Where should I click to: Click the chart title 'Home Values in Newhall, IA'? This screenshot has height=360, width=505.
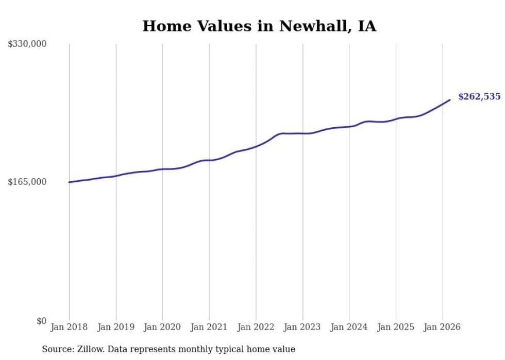tap(259, 26)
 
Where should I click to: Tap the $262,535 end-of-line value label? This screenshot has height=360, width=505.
tap(479, 96)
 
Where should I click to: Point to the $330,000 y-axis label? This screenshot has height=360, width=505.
tap(27, 44)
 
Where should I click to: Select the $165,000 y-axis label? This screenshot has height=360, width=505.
tap(27, 182)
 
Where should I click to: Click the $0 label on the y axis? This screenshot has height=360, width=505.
tap(41, 321)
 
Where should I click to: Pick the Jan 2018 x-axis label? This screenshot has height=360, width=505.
tap(69, 327)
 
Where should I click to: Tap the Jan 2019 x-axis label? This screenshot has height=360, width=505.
tap(115, 327)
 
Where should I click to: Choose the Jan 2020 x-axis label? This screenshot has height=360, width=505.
tap(162, 327)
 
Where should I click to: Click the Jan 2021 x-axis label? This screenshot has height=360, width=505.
tap(209, 327)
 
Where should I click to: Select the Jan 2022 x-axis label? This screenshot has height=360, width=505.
tap(256, 327)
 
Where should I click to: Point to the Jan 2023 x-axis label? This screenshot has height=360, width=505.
tap(302, 327)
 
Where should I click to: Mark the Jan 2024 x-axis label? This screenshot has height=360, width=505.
tap(349, 327)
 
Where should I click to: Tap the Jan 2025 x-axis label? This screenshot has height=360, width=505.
tap(396, 327)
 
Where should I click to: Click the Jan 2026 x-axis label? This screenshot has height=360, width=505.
tap(442, 327)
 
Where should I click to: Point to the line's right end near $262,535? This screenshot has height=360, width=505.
tap(450, 100)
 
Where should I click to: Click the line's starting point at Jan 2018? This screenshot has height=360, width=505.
tap(69, 182)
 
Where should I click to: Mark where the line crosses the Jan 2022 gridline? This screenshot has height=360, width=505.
tap(256, 146)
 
